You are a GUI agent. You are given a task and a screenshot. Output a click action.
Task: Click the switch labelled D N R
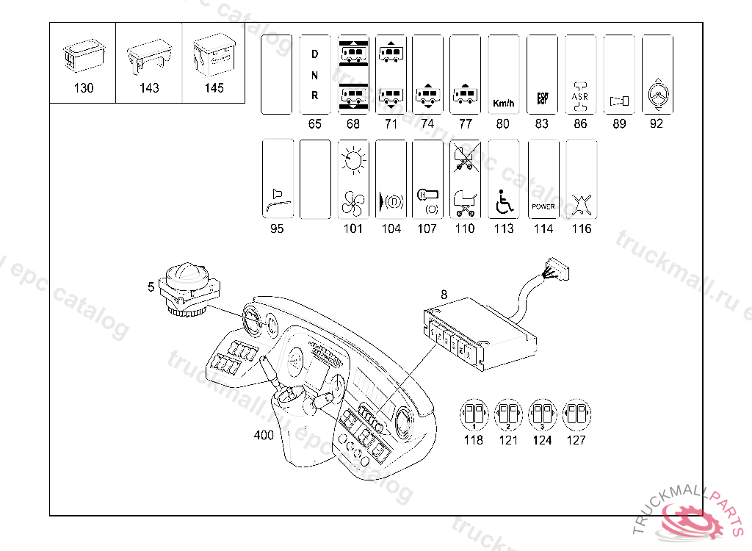tap(315, 74)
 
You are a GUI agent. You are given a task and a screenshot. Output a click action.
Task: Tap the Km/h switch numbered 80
tap(502, 74)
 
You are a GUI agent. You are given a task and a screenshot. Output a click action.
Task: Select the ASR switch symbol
tap(580, 74)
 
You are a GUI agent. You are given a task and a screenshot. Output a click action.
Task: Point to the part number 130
tap(84, 89)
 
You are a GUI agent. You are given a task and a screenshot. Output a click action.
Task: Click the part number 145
tap(214, 89)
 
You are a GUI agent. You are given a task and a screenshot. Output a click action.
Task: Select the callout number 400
tap(264, 435)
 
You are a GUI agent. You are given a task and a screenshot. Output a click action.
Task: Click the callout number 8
tap(443, 295)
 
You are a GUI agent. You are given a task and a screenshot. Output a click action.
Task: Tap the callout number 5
tap(151, 287)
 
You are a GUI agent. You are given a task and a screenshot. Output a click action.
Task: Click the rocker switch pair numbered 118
tap(474, 417)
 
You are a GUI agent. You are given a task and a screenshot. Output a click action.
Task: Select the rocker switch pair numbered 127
tap(576, 417)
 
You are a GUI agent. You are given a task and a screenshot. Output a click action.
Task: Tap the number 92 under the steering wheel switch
tap(657, 124)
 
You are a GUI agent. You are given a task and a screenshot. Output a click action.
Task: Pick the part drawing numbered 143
tap(149, 58)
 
